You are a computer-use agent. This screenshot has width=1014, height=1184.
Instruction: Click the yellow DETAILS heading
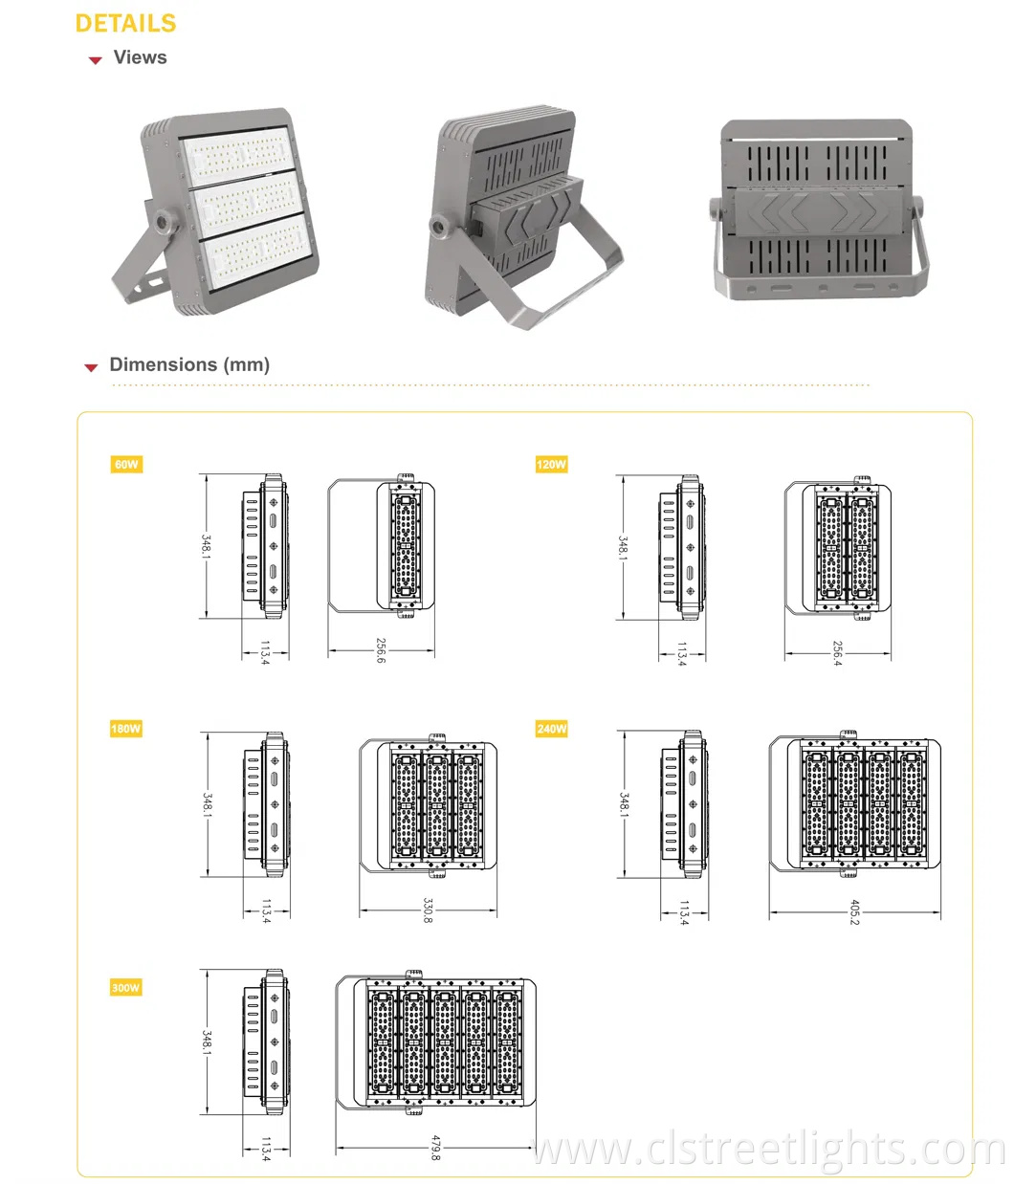click(x=125, y=24)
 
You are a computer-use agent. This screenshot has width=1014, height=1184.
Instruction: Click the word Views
click(x=140, y=57)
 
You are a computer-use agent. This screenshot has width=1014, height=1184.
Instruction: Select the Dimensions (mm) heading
click(x=189, y=364)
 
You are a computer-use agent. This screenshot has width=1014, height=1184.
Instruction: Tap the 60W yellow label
click(x=126, y=465)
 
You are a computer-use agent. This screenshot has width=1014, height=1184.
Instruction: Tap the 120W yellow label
click(x=551, y=465)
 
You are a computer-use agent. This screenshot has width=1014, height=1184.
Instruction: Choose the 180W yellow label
click(x=126, y=729)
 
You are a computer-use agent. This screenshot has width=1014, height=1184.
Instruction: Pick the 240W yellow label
click(x=551, y=729)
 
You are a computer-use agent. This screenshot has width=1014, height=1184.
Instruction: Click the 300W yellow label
click(x=126, y=987)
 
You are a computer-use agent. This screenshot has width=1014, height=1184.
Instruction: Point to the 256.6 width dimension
click(x=380, y=651)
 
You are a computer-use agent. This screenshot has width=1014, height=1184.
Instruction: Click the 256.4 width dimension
click(x=837, y=653)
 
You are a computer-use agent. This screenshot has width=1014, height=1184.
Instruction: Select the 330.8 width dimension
click(x=427, y=910)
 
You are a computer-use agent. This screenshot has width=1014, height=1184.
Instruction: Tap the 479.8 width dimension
click(x=435, y=1148)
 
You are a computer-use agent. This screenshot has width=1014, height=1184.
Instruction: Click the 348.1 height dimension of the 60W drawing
click(x=206, y=547)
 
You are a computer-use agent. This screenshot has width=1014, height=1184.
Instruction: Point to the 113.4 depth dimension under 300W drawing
click(x=266, y=1149)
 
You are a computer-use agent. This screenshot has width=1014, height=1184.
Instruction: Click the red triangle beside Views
click(x=95, y=60)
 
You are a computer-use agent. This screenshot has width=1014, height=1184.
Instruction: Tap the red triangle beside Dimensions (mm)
click(x=92, y=367)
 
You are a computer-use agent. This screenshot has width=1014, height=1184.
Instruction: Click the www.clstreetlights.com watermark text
click(x=765, y=1150)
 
